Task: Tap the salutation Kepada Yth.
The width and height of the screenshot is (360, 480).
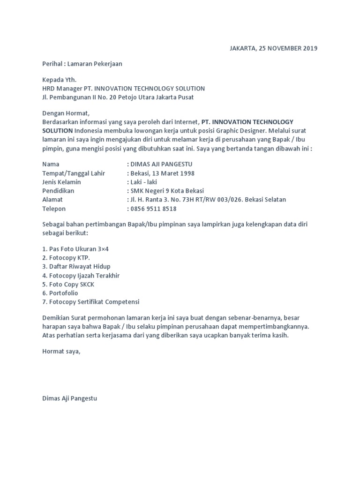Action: tap(59, 80)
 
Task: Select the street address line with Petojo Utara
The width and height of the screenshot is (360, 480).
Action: tap(118, 97)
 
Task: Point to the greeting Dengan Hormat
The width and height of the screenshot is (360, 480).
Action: tap(65, 113)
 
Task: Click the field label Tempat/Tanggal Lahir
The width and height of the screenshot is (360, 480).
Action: tap(74, 173)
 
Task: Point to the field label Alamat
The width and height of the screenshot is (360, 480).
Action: tap(52, 200)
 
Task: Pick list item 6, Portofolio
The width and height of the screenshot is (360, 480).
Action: tap(60, 293)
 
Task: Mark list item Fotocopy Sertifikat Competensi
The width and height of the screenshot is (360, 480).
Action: tap(90, 302)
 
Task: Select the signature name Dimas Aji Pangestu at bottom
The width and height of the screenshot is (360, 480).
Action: tap(70, 398)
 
